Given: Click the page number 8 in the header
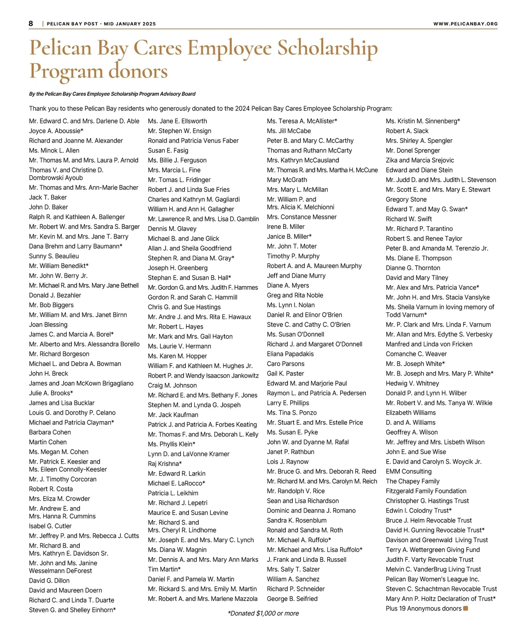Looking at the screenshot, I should (x=31, y=23).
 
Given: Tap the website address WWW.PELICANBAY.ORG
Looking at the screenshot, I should (x=465, y=24).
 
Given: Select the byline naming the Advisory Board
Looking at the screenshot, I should (x=112, y=94).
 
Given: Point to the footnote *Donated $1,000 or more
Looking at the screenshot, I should (x=263, y=613).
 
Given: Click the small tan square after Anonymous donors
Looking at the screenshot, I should (x=466, y=608).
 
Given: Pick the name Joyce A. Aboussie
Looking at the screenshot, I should (x=56, y=131).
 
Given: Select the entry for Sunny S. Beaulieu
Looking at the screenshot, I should (x=54, y=256).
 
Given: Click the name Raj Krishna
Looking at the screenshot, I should (x=165, y=464).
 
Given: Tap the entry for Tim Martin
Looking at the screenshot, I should (x=164, y=569).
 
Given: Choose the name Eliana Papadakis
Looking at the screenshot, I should (x=290, y=354).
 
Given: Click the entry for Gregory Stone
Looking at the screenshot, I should (x=406, y=199).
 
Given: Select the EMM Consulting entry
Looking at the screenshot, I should (x=409, y=471).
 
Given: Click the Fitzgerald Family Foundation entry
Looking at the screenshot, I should (x=426, y=491).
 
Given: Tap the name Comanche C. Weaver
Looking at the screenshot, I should (x=416, y=354).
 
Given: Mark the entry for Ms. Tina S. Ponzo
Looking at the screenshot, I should (x=291, y=412).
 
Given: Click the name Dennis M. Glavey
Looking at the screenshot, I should (x=172, y=229).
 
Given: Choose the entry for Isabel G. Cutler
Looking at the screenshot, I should (x=50, y=526).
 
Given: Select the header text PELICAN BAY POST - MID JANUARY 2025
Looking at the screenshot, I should (x=101, y=24).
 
